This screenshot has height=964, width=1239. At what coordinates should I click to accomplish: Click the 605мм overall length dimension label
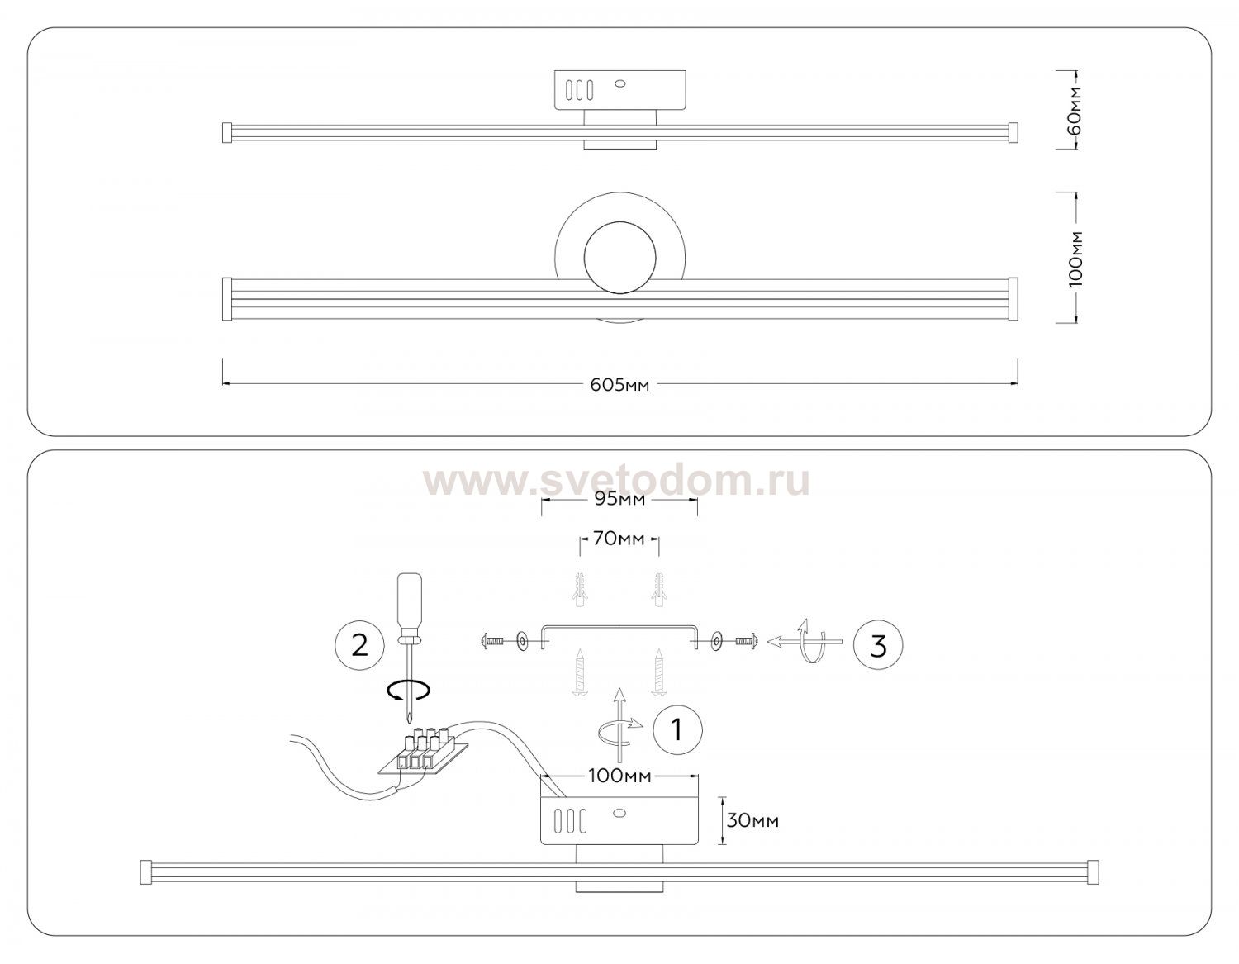coord(619,385)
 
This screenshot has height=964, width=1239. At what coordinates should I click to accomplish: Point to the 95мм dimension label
coord(619,499)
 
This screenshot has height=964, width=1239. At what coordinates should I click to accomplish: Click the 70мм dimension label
coord(619,538)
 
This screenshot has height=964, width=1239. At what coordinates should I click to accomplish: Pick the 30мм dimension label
coord(752,820)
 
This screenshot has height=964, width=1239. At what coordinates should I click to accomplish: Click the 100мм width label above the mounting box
coord(619,776)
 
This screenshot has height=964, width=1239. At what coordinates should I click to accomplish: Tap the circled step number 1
coord(677,730)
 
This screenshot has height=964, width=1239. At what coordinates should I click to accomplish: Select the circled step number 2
coord(359,646)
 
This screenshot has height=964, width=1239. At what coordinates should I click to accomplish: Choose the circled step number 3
coord(878,645)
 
